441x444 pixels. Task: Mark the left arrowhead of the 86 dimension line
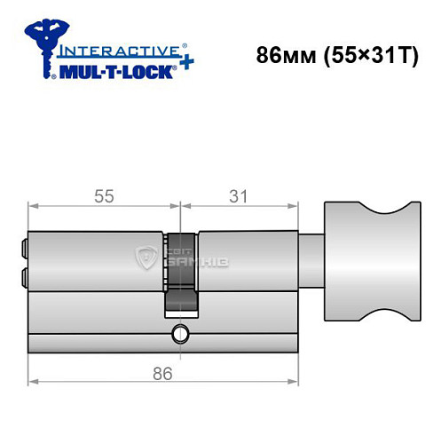pos(34,383)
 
